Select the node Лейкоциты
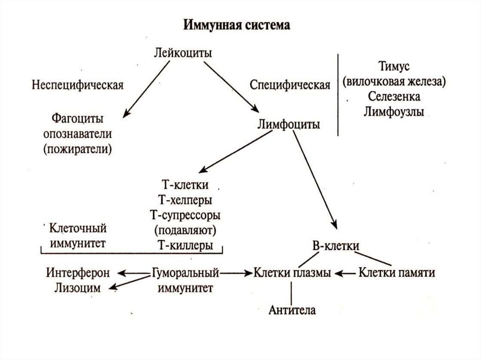[183, 53]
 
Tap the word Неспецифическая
[78, 85]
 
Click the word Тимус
[394, 66]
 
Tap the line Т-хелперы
[185, 200]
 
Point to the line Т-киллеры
[184, 245]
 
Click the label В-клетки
[336, 245]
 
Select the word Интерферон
[78, 272]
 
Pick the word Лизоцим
[78, 288]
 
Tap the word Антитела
[292, 310]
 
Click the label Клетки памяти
[396, 272]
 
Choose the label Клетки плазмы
[292, 272]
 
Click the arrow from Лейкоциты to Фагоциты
[144, 89]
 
